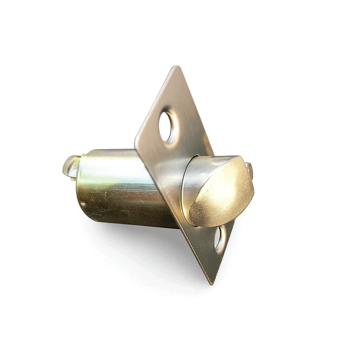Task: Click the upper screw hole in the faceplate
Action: (166, 127)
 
